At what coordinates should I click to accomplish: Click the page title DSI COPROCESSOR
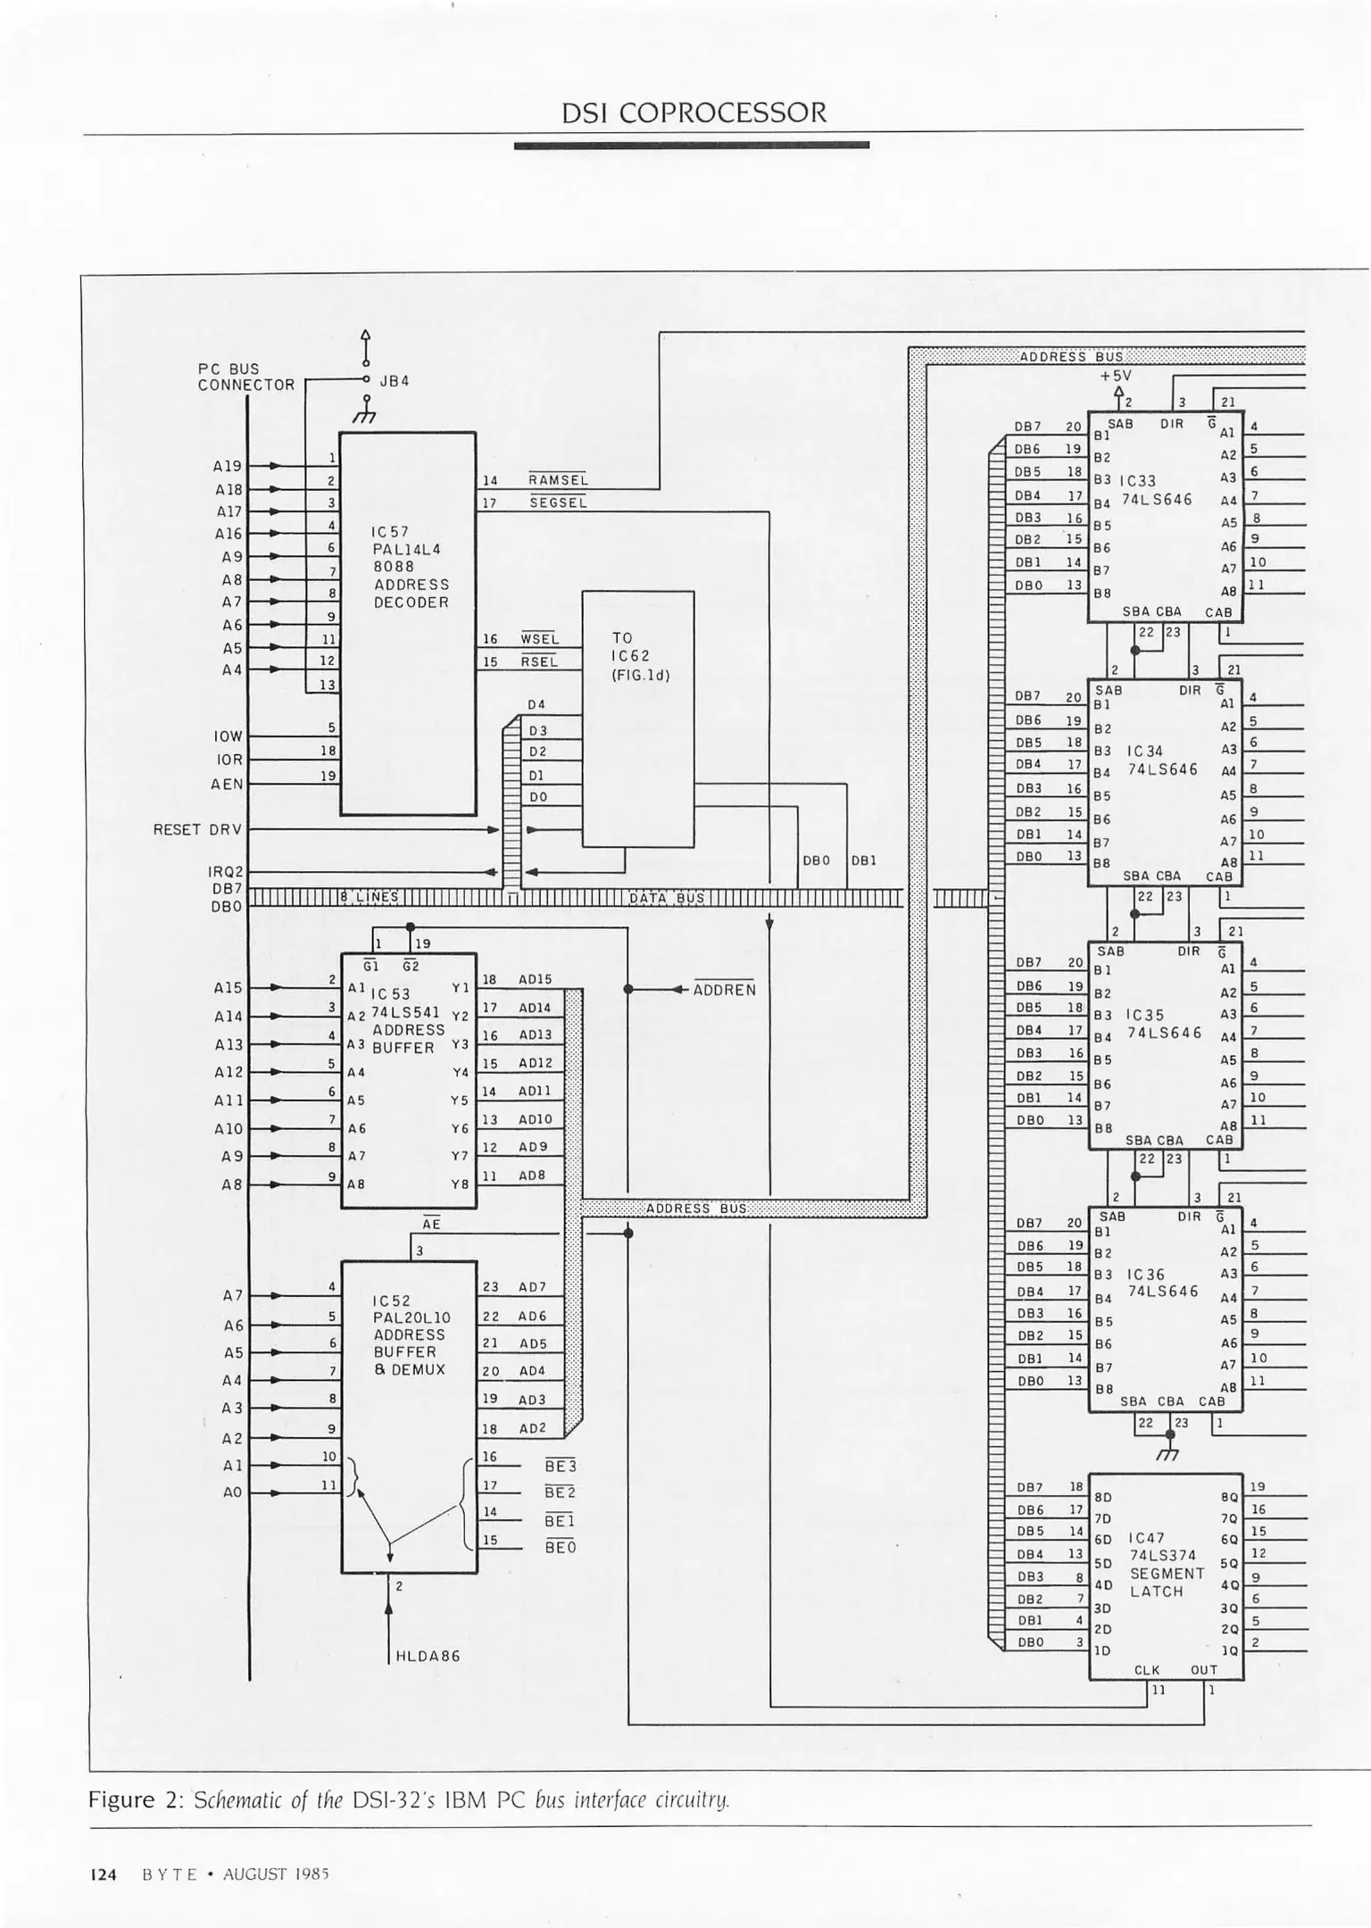point(694,112)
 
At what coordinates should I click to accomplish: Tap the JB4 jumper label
point(395,381)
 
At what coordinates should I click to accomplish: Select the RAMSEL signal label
point(558,480)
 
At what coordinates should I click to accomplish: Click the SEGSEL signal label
point(558,503)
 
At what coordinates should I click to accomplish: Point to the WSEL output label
point(539,639)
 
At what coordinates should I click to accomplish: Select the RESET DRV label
point(197,830)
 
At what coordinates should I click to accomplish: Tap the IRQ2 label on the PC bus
point(226,871)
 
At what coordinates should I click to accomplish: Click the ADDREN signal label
point(724,990)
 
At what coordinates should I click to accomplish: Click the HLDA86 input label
point(428,1657)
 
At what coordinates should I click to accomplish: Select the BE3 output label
point(561,1467)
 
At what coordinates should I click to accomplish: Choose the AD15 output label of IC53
point(535,979)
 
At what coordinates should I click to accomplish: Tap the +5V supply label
point(1116,376)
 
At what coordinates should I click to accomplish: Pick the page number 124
point(104,1874)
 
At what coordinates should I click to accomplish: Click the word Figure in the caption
point(121,1799)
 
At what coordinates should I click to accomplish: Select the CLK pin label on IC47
point(1146,1669)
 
